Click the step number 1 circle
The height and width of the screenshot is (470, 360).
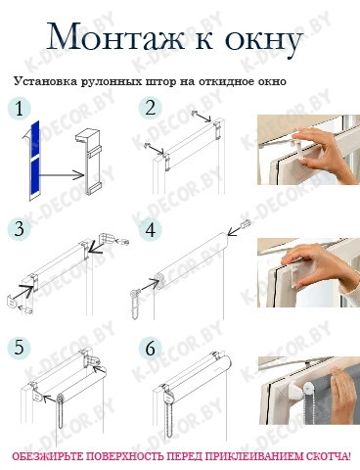20,108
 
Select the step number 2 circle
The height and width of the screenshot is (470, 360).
150,108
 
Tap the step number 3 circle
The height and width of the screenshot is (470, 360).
20,229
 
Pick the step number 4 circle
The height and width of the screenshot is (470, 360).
150,229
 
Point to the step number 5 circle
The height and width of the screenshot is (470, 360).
20,348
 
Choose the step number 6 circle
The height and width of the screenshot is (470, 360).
150,348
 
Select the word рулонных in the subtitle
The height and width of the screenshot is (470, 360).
110,81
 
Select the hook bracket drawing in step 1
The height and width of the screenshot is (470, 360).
88,163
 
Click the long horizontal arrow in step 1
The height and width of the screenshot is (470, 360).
62,175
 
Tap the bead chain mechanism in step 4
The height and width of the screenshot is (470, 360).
135,304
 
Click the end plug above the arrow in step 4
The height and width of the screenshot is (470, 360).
247,224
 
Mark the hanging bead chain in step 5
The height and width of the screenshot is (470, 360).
61,410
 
